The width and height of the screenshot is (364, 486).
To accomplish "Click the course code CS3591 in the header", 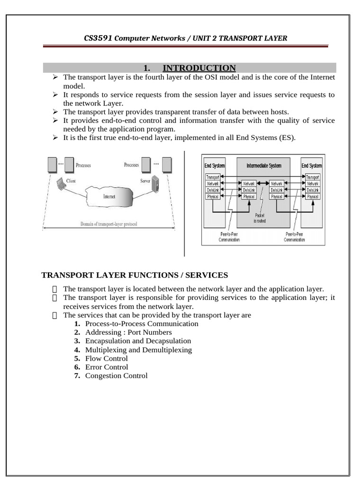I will point(98,37).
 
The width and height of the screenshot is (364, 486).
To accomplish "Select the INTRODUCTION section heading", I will point(199,68).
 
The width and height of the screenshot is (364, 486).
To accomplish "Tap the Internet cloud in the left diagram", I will point(109,196).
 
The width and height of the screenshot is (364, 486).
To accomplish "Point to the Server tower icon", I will point(155,184).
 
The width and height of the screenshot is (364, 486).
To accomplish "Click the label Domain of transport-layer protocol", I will point(109,224).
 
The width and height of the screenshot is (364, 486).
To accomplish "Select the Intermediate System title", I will point(264,166).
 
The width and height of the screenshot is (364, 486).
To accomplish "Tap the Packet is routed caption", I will point(260,218).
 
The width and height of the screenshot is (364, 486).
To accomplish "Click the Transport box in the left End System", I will point(212,177).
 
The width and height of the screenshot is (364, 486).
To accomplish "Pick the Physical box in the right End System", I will point(312,196).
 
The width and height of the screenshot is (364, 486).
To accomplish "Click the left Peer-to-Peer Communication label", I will point(229,237).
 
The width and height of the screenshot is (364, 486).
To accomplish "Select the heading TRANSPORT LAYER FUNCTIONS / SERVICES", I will point(135,275).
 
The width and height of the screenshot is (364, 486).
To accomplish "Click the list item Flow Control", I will point(106,358).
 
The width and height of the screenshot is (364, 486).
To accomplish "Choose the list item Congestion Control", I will point(116,375).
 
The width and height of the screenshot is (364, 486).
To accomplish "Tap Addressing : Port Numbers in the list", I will point(128,332).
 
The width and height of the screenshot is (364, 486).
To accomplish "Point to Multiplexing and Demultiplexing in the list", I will point(138,350).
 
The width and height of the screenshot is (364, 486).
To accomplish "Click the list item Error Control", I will point(107,367).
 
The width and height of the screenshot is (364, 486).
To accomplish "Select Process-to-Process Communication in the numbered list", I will point(142,324).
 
